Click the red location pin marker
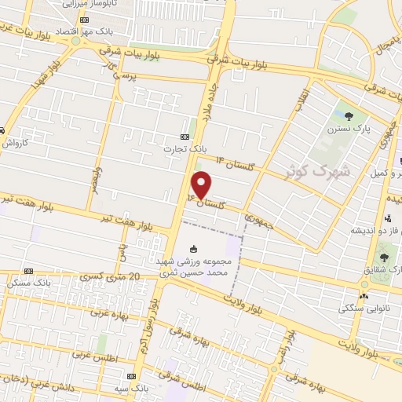coord(202,185)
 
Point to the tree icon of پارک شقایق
coord(384,256)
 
